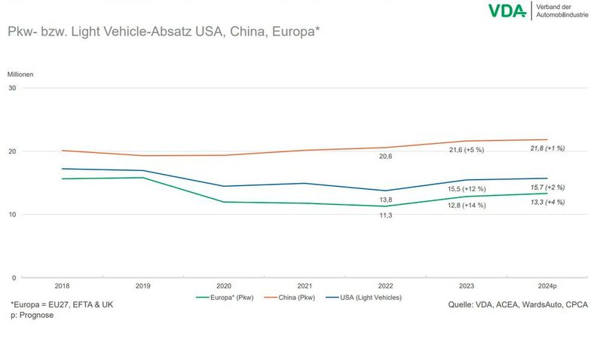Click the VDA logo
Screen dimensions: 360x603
click(x=507, y=11)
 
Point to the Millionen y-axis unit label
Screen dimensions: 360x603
click(x=20, y=74)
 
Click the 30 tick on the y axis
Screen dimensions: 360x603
click(x=13, y=88)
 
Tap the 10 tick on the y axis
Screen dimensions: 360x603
click(x=13, y=215)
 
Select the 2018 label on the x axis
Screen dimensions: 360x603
click(x=62, y=286)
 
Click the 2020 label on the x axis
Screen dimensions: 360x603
click(x=225, y=286)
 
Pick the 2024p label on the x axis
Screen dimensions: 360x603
click(x=548, y=286)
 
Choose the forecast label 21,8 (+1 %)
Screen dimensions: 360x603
click(x=548, y=148)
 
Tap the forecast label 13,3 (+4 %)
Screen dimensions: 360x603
click(x=548, y=202)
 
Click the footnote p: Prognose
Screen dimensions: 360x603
click(x=32, y=315)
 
